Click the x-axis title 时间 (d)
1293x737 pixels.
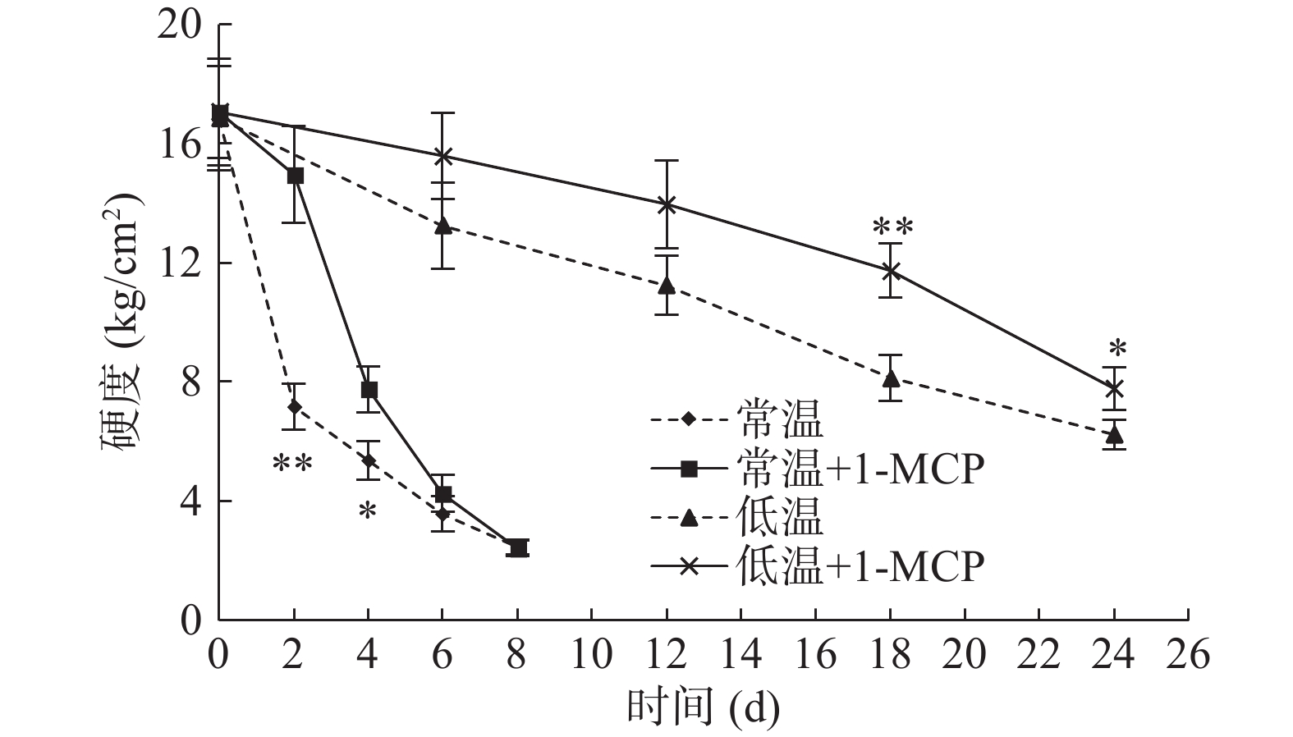(703, 707)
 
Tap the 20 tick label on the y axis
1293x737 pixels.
(178, 25)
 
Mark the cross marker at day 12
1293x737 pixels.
(667, 204)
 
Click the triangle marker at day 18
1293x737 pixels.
(891, 378)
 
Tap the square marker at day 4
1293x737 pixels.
(369, 389)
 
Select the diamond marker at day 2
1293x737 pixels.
(294, 406)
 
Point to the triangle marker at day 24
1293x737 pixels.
(1114, 434)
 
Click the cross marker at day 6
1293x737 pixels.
(442, 156)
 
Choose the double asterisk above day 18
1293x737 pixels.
(892, 227)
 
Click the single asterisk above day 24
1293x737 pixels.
(1117, 348)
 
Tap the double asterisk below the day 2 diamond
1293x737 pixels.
(292, 465)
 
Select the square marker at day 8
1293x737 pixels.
(517, 547)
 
